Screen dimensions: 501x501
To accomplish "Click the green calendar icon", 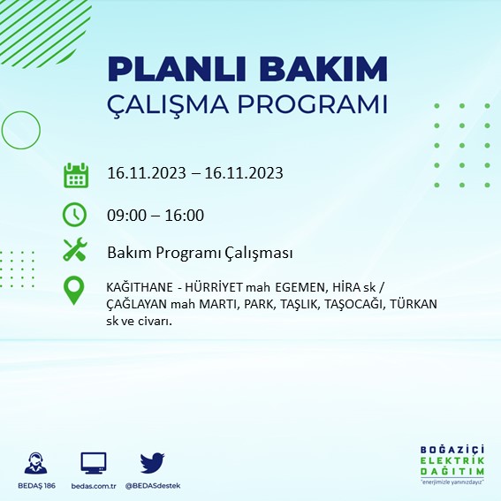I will pyautogui.click(x=75, y=174).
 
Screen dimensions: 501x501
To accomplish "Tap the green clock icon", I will pyautogui.click(x=75, y=215).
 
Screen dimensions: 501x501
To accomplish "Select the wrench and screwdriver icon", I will pyautogui.click(x=75, y=252).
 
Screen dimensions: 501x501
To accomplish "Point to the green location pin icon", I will pyautogui.click(x=75, y=290).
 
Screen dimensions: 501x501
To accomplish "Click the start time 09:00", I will pyautogui.click(x=125, y=215).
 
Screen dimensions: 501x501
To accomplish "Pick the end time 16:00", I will pyautogui.click(x=185, y=215).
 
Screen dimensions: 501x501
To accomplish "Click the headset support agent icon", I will pyautogui.click(x=36, y=463).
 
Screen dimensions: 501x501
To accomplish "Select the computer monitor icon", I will pyautogui.click(x=93, y=463).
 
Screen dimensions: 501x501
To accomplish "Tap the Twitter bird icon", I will pyautogui.click(x=153, y=463).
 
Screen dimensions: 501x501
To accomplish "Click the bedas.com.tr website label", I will pyautogui.click(x=93, y=486).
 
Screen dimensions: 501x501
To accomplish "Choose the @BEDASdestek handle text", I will pyautogui.click(x=153, y=486).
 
